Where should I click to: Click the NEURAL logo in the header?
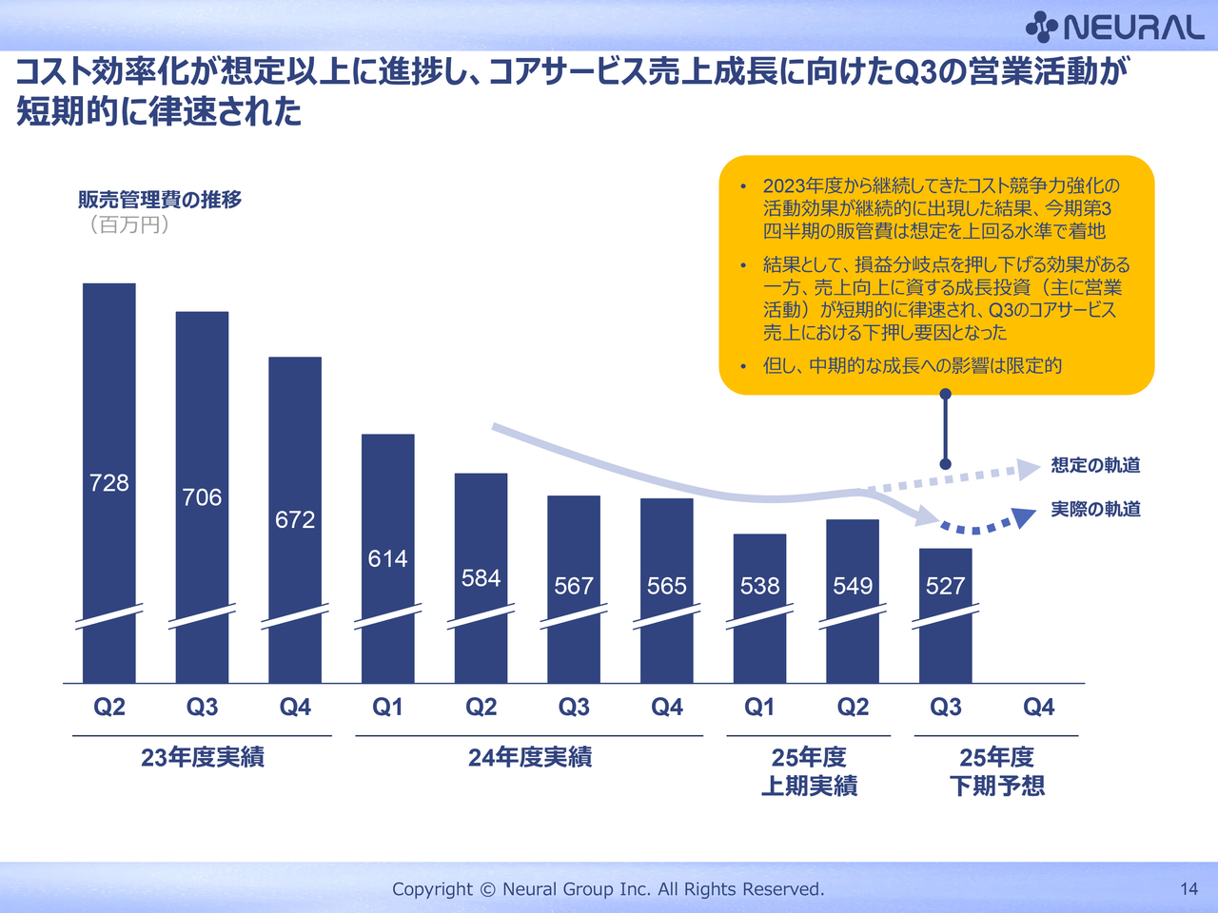click(x=1115, y=27)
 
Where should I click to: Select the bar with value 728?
click(x=109, y=399)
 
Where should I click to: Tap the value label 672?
click(x=295, y=519)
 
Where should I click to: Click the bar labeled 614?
click(x=388, y=495)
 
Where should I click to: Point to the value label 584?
click(x=481, y=578)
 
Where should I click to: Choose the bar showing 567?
click(x=574, y=542)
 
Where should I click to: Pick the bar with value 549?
click(x=853, y=552)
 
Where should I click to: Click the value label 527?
click(x=946, y=586)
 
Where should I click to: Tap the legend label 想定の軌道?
click(x=1095, y=465)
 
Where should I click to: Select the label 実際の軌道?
click(x=1095, y=510)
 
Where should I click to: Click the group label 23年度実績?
click(x=203, y=758)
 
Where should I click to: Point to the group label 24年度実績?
click(x=530, y=758)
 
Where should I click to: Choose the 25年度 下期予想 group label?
click(x=996, y=771)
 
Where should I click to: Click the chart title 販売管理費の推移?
click(x=160, y=200)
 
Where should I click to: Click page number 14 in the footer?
click(x=1189, y=889)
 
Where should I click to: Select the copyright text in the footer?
click(x=608, y=889)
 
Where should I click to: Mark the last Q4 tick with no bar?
click(x=1038, y=708)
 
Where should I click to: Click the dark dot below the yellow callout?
click(x=945, y=464)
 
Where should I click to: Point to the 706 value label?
click(x=202, y=497)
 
